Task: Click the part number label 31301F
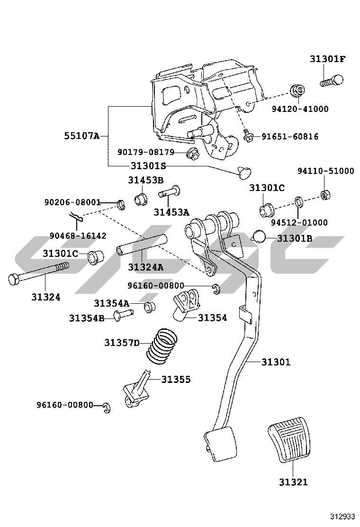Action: (327, 59)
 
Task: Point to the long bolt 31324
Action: (38, 273)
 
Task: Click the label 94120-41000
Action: (300, 109)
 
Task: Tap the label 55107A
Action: (82, 136)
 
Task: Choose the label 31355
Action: (176, 380)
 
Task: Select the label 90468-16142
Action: (78, 236)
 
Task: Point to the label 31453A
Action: (171, 212)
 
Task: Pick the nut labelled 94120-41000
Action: (297, 90)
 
